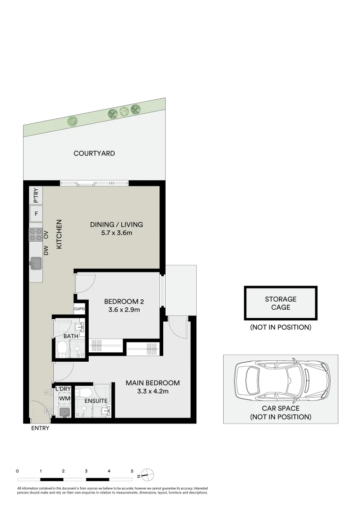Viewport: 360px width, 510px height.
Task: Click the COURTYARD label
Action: point(94,153)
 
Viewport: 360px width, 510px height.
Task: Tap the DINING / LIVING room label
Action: point(117,225)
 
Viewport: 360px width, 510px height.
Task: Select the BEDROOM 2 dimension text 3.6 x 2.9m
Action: point(124,310)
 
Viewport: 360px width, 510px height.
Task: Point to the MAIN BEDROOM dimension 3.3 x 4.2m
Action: point(152,391)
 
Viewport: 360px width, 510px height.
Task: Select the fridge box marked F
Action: point(36,213)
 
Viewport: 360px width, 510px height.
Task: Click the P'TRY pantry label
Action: point(36,195)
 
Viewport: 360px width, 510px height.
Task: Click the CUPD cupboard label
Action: point(79,309)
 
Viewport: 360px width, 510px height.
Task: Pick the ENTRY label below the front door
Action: point(40,428)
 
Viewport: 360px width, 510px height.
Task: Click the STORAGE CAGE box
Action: point(281,303)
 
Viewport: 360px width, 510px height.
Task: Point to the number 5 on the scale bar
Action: point(132,471)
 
